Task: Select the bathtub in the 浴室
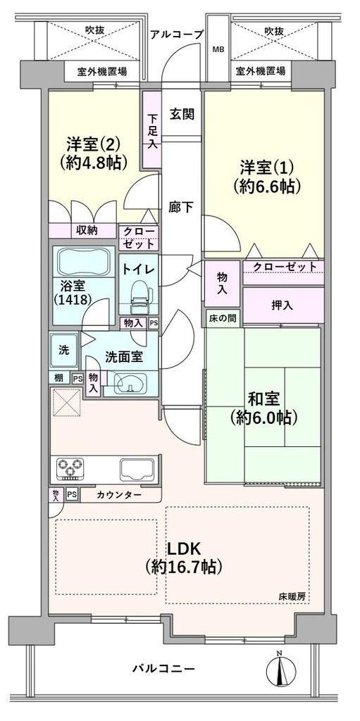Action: pyautogui.click(x=83, y=261)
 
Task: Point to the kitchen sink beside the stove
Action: pyautogui.click(x=137, y=468)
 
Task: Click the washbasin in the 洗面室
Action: pyautogui.click(x=130, y=382)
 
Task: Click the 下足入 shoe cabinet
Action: pyautogui.click(x=151, y=130)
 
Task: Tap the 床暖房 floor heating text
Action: pyautogui.click(x=292, y=597)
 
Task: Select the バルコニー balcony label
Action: pyautogui.click(x=164, y=668)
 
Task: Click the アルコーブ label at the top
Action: pyautogui.click(x=177, y=34)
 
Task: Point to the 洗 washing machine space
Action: pyautogui.click(x=64, y=350)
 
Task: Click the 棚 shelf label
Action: pyautogui.click(x=58, y=378)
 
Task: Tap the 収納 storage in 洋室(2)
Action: pyautogui.click(x=83, y=231)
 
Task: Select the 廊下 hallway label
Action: pyautogui.click(x=180, y=207)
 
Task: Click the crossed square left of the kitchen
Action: pyautogui.click(x=66, y=401)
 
